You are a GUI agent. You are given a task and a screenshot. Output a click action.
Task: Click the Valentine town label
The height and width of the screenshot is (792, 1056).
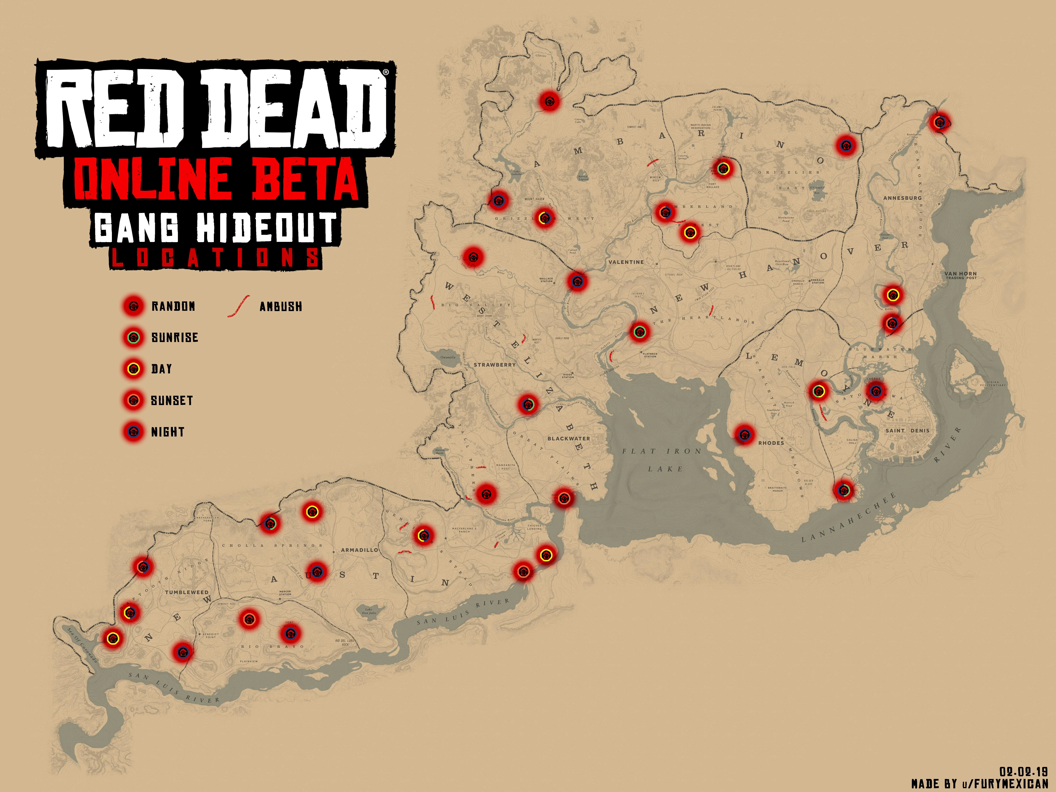(x=626, y=262)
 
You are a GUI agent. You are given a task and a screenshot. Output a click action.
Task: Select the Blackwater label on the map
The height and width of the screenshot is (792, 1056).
(x=569, y=438)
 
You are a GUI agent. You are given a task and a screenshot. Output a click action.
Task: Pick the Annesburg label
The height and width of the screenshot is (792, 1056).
(x=902, y=198)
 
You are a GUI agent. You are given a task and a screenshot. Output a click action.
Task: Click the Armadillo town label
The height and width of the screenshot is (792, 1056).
(x=359, y=550)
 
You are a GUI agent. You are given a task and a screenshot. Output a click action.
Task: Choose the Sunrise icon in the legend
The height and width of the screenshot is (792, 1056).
(x=134, y=337)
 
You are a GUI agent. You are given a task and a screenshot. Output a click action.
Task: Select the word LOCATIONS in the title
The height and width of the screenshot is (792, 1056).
(x=216, y=258)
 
